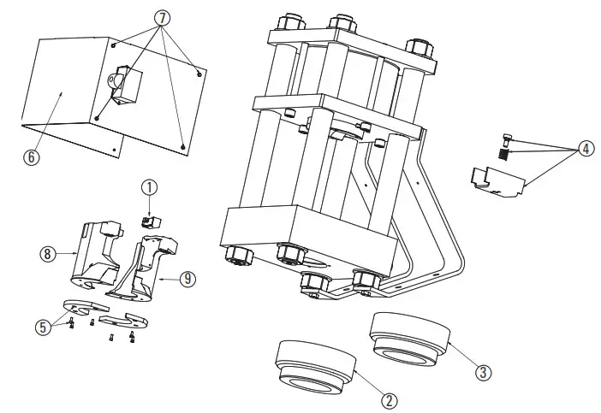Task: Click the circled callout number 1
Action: [150, 186]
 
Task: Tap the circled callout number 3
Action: [484, 372]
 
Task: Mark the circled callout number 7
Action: [163, 18]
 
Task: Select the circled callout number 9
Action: [187, 277]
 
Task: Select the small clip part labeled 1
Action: [150, 221]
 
